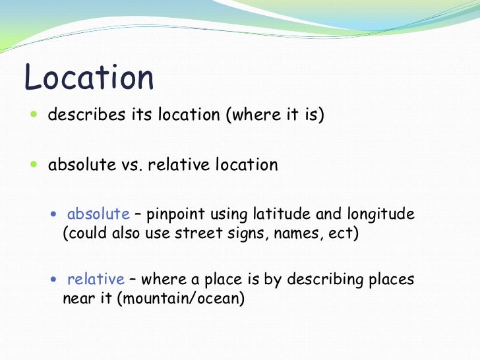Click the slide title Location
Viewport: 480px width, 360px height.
[x=88, y=78]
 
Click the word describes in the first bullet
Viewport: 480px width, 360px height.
[x=86, y=115]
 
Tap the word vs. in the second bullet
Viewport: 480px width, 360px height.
[x=132, y=165]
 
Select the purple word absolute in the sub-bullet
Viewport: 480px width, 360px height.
[x=98, y=214]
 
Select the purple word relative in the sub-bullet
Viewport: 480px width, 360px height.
[x=96, y=279]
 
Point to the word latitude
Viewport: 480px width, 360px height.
[x=284, y=214]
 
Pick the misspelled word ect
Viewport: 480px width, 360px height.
[x=342, y=234]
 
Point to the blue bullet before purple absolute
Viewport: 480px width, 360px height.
[x=55, y=214]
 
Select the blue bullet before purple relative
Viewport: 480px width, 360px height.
[x=55, y=280]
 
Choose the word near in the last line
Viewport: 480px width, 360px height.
[x=77, y=299]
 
